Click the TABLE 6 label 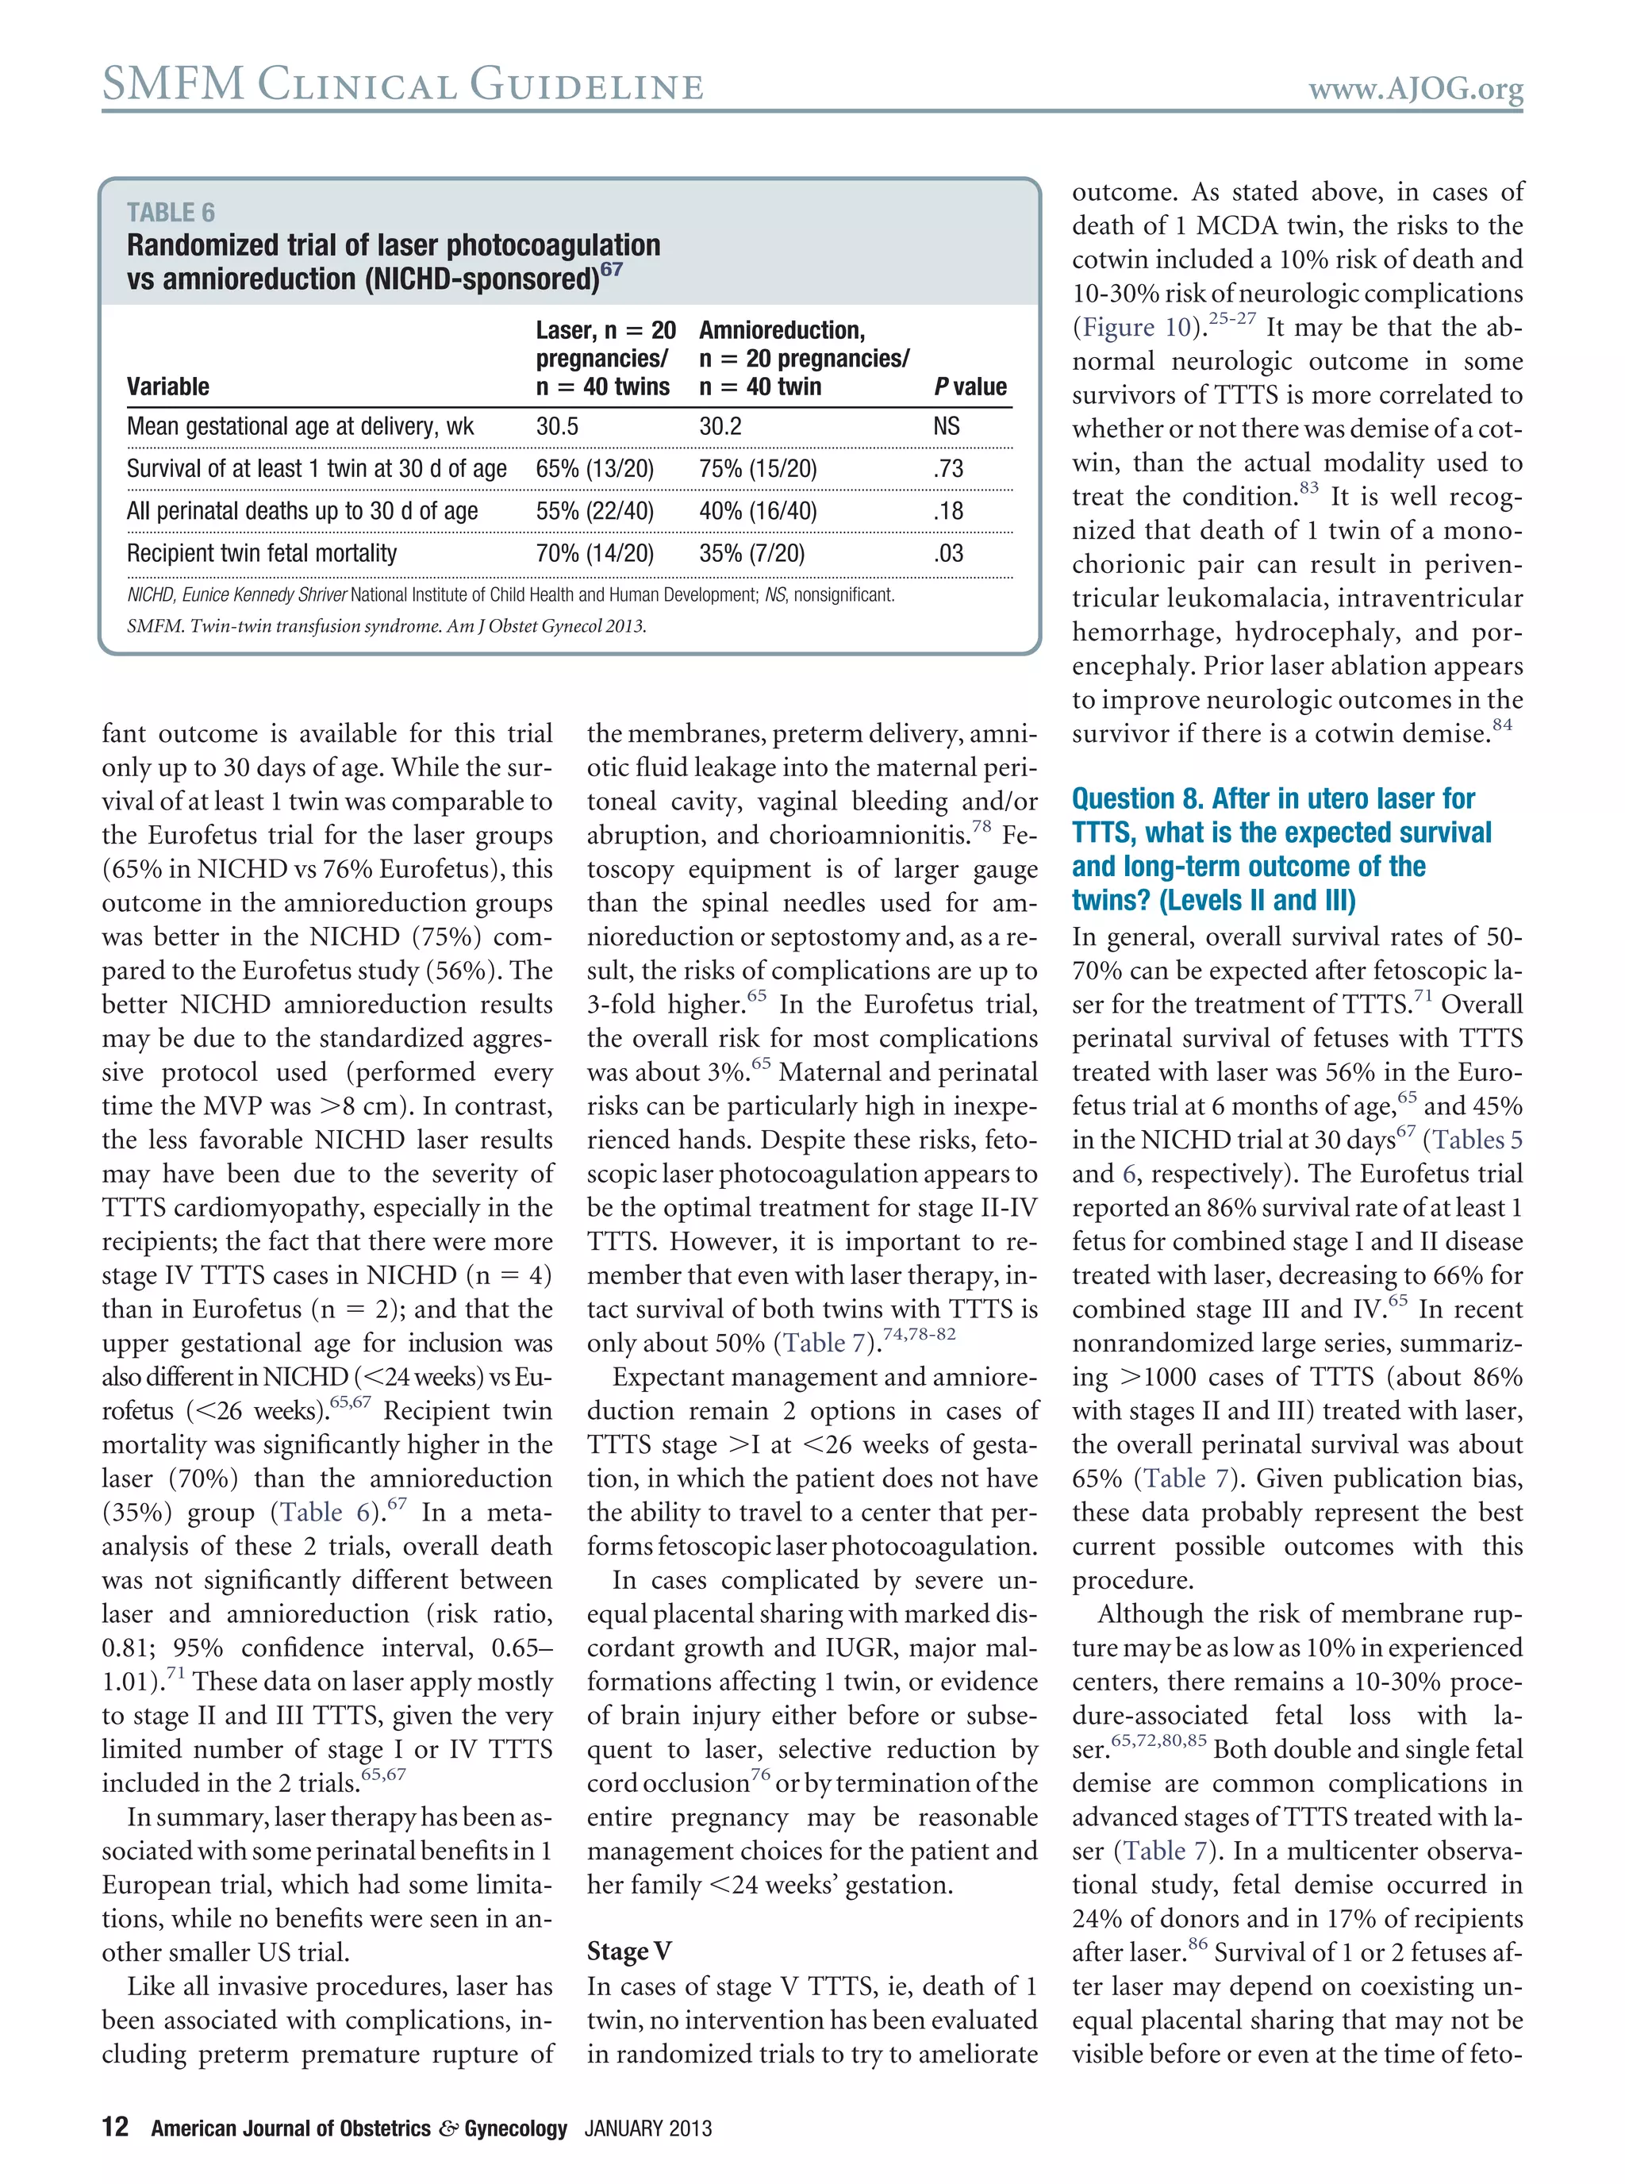point(170,213)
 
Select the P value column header point(970,386)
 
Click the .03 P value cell point(948,553)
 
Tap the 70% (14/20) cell point(594,553)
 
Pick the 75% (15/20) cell point(758,468)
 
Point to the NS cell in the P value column point(947,426)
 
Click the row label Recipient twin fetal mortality point(262,553)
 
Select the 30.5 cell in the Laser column point(557,426)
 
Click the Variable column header point(167,386)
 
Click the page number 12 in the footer point(115,2127)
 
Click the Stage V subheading point(628,1951)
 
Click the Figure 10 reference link point(1136,328)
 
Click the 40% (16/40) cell point(758,510)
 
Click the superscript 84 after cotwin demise point(1502,725)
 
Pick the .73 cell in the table point(948,468)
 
